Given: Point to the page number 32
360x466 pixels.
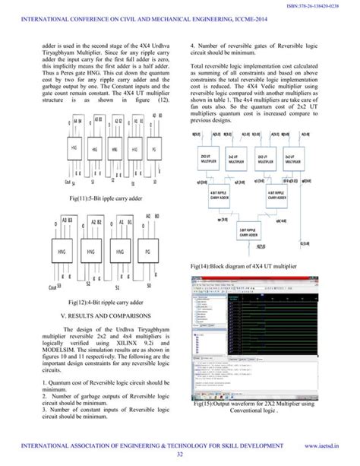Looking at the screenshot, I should point(180,455).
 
